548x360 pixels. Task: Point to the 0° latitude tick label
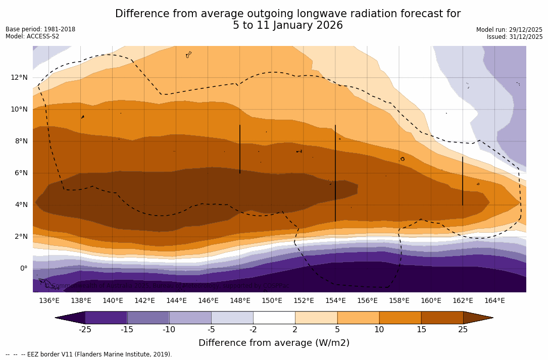pos(23,268)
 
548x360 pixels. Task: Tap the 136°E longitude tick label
pos(49,300)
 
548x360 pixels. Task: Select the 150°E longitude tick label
pos(272,300)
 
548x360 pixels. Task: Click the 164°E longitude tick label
pos(494,300)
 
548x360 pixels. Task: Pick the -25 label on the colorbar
pos(85,330)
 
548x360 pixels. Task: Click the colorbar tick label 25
pos(463,330)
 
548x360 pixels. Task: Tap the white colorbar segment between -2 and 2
pos(274,318)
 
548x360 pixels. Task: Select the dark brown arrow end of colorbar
pos(478,318)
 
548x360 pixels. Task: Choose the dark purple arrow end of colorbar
pos(70,318)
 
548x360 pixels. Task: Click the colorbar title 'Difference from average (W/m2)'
pos(274,343)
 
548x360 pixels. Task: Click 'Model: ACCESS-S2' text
pos(32,36)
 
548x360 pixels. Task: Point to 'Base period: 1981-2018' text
pos(40,29)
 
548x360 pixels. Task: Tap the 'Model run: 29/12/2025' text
pos(509,30)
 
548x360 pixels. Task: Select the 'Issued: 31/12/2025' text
pos(515,37)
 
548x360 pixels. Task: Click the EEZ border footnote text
pos(89,354)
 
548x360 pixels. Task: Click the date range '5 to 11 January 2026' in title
pos(287,25)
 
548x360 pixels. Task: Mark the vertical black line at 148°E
pos(240,149)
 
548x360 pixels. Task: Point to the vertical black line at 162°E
pos(463,181)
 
